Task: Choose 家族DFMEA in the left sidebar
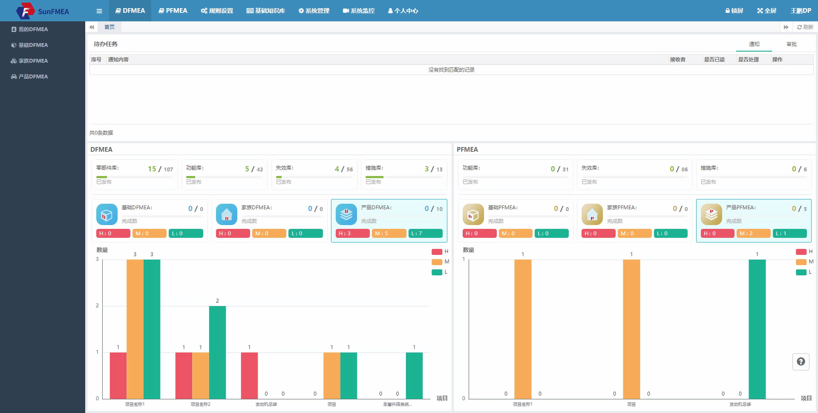coord(30,61)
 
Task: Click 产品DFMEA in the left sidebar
coord(30,77)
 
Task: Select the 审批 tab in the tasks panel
coord(792,44)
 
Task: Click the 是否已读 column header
coord(714,59)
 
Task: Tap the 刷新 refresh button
coord(805,27)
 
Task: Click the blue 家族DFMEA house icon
coord(226,214)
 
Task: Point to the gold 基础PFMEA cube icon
coord(473,214)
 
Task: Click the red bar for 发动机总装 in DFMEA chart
coord(249,375)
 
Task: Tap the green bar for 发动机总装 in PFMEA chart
coord(757,329)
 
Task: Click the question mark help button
coord(801,361)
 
